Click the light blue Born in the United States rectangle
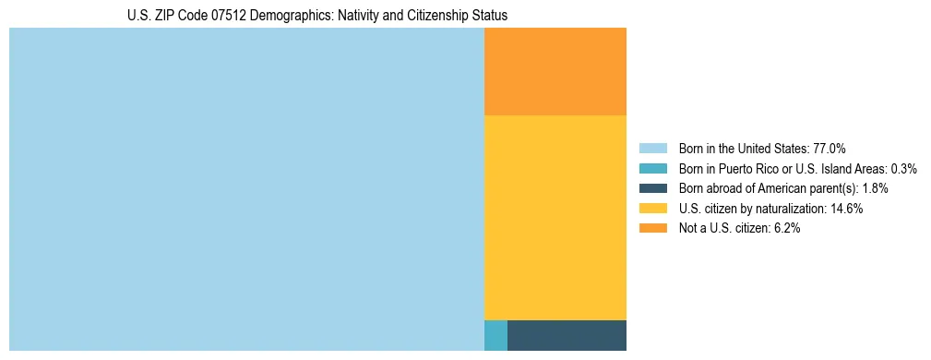(x=246, y=189)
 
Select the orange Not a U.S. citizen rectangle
(x=555, y=71)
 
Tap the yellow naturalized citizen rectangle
(x=555, y=217)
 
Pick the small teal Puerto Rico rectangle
(x=495, y=335)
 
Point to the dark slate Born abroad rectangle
(x=567, y=335)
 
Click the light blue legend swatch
(x=652, y=149)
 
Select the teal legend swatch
(x=652, y=169)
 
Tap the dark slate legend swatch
(x=652, y=188)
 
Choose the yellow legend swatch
(x=652, y=209)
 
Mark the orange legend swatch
(x=652, y=229)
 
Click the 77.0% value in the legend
(x=830, y=149)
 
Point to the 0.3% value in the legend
(x=903, y=169)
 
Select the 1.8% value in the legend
(x=875, y=188)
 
